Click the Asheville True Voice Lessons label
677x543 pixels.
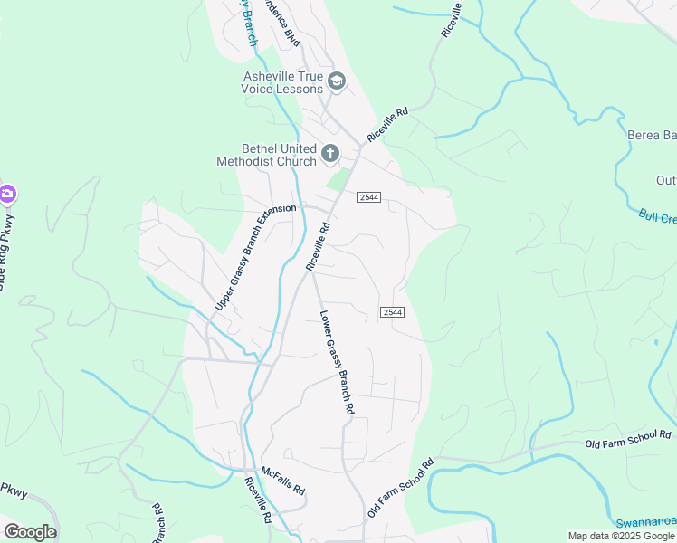pyautogui.click(x=281, y=82)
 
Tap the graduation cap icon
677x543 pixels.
pyautogui.click(x=337, y=82)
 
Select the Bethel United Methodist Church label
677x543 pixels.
pyautogui.click(x=266, y=155)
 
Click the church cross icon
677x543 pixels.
pyautogui.click(x=330, y=154)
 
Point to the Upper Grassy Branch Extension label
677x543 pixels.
pyautogui.click(x=254, y=259)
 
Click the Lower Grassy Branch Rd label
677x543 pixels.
pyautogui.click(x=337, y=363)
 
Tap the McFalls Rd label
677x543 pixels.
pyautogui.click(x=282, y=480)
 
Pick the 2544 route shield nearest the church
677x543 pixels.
pyautogui.click(x=368, y=197)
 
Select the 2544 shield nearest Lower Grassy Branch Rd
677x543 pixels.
pyautogui.click(x=391, y=312)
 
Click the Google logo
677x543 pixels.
pyautogui.click(x=30, y=532)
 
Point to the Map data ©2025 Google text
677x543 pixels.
pyautogui.click(x=622, y=536)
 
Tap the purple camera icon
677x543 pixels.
pyautogui.click(x=6, y=193)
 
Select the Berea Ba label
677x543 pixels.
pyautogui.click(x=652, y=136)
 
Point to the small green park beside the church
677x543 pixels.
pyautogui.click(x=338, y=180)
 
